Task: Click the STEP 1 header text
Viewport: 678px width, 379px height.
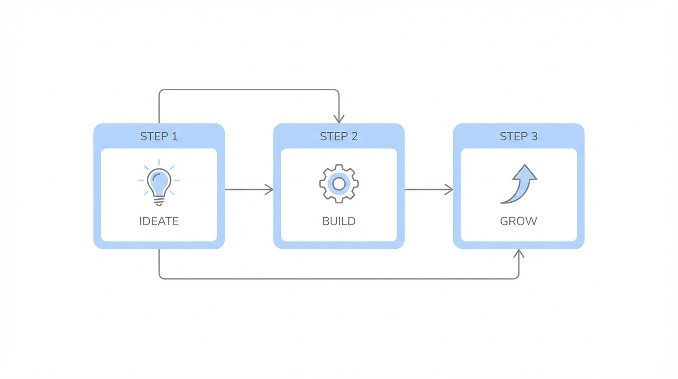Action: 159,137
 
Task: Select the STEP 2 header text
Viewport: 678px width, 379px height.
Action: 339,137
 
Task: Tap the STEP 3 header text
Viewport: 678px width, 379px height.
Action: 518,137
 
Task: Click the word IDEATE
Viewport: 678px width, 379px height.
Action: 159,221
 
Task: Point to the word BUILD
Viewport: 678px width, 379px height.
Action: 339,221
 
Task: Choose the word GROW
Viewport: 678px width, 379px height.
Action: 518,221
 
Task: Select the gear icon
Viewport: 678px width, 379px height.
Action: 339,184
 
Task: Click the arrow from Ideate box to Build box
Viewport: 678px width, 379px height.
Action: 249,189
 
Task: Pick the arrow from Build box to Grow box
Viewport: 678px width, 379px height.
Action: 429,189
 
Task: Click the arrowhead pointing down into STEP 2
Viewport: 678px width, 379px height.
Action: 339,119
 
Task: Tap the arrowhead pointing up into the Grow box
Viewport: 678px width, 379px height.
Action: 518,253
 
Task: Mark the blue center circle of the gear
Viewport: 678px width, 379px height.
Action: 339,184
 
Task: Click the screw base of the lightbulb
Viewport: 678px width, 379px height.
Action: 159,201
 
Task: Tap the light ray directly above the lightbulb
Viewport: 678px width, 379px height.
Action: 159,162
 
